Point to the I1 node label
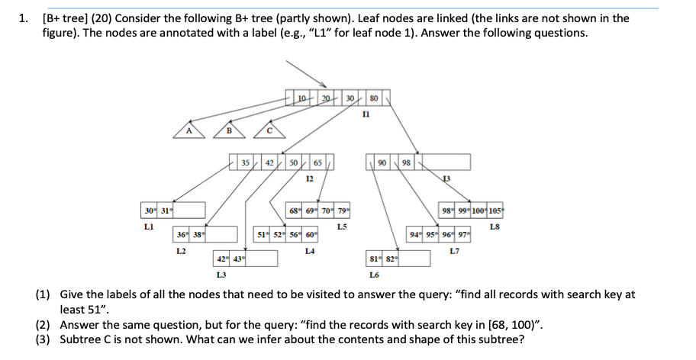[x=366, y=113]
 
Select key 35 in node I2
[x=245, y=162]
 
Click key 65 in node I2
[x=317, y=162]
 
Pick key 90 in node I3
[x=382, y=162]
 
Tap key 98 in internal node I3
[x=406, y=162]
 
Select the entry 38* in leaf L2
[x=198, y=234]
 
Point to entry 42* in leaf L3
[x=222, y=259]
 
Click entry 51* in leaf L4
[x=261, y=234]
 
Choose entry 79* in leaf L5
[x=344, y=211]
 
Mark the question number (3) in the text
[x=44, y=339]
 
